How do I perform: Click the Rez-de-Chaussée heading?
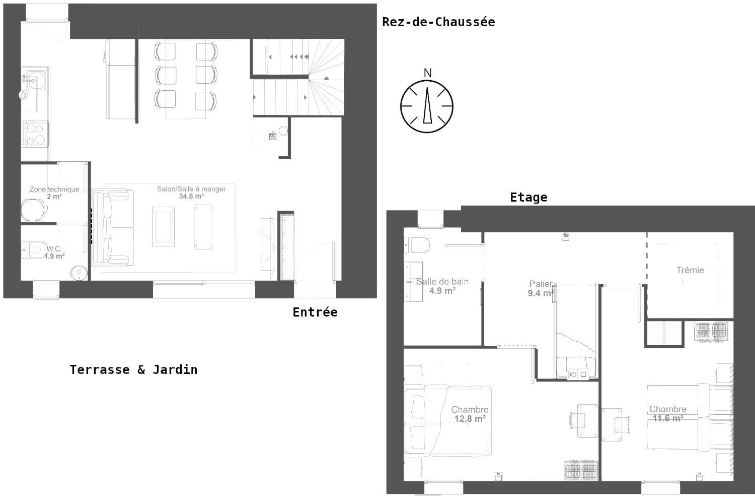438,22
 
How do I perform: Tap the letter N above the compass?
427,73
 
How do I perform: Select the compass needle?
427,105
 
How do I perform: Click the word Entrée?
315,312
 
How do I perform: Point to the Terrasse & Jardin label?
133,369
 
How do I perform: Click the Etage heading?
528,197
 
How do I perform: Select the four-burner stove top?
36,134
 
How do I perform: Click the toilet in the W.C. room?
35,250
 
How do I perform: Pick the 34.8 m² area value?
191,197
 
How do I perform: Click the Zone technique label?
54,190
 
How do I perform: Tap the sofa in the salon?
113,228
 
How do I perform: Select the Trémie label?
690,270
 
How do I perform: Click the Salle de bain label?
442,282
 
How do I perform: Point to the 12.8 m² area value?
470,419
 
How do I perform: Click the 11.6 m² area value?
668,419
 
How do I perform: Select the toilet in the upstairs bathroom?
417,245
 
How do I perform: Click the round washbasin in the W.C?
79,273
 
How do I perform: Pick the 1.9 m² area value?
54,257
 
